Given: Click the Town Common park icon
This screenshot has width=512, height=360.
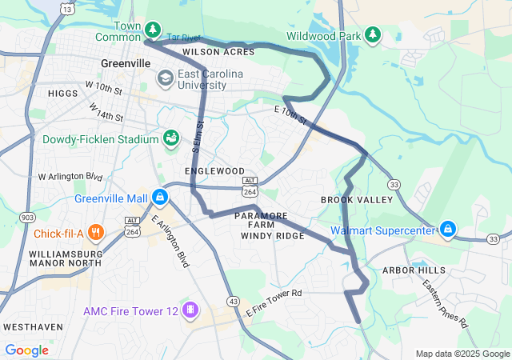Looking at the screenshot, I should tap(153, 30).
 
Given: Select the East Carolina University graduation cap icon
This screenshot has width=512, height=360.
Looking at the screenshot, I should tap(166, 78).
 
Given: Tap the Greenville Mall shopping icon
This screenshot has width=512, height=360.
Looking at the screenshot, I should tap(161, 197).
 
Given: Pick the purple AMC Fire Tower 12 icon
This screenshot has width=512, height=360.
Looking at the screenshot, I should tap(190, 310).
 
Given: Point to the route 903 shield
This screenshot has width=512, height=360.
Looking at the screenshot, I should tap(28, 217).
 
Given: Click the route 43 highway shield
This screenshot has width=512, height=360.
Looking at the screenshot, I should tap(233, 300).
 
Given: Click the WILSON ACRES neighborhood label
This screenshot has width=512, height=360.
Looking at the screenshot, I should tap(218, 52).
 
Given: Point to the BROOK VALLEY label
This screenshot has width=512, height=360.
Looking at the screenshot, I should tap(348, 199).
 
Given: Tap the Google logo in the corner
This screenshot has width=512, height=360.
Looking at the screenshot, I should tap(26, 350).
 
